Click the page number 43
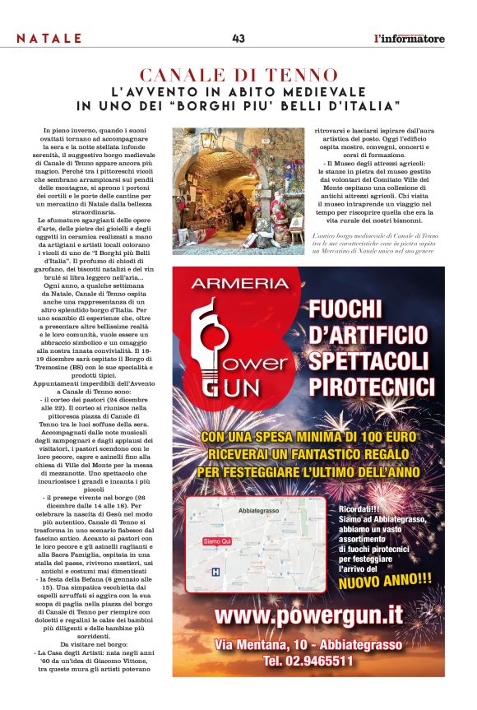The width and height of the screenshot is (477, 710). (x=238, y=38)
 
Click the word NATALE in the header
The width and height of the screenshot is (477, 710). (x=49, y=39)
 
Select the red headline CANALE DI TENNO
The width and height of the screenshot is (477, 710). (x=238, y=75)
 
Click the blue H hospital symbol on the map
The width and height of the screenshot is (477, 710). (x=216, y=571)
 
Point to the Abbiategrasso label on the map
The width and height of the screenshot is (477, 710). (x=258, y=512)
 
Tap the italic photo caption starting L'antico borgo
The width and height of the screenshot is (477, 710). (x=382, y=244)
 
